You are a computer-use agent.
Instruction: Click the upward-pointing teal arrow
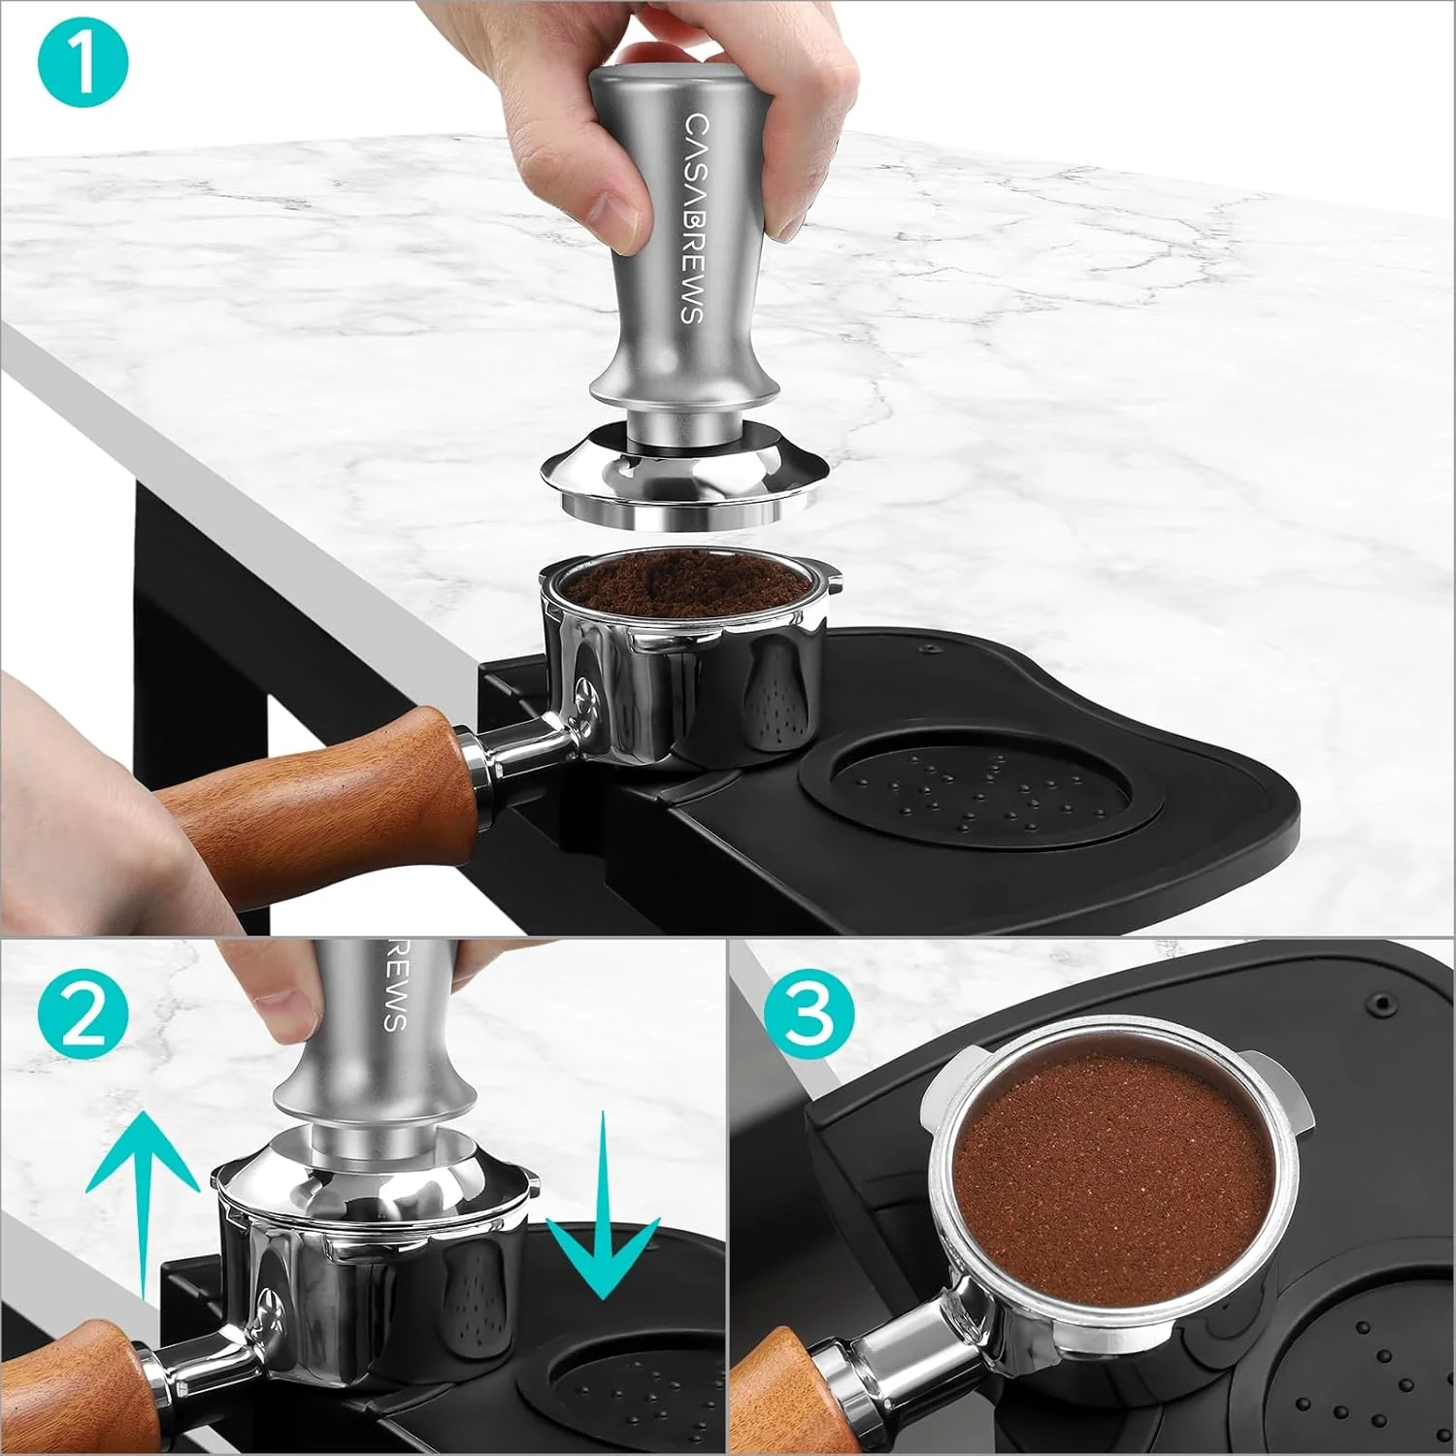click(143, 1184)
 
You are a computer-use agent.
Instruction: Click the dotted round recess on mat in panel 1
click(966, 791)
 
